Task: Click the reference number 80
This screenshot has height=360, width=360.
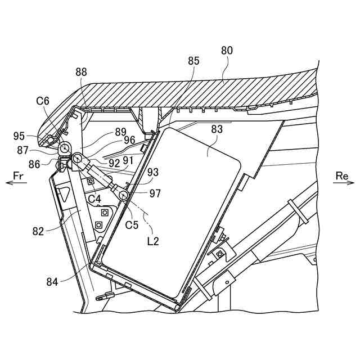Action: pos(227,51)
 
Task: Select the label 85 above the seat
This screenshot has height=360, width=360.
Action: pos(193,61)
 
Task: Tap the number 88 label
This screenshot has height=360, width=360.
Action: pos(81,72)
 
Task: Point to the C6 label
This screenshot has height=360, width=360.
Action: pos(43,101)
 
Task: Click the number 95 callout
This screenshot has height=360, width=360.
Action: pos(19,136)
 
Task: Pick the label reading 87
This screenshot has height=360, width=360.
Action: pos(22,150)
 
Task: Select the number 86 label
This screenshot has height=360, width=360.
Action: pos(34,164)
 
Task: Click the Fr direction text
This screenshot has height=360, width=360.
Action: pos(18,176)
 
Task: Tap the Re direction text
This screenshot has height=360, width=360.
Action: pos(342,176)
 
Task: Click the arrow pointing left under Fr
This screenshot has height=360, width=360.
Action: pos(16,183)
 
